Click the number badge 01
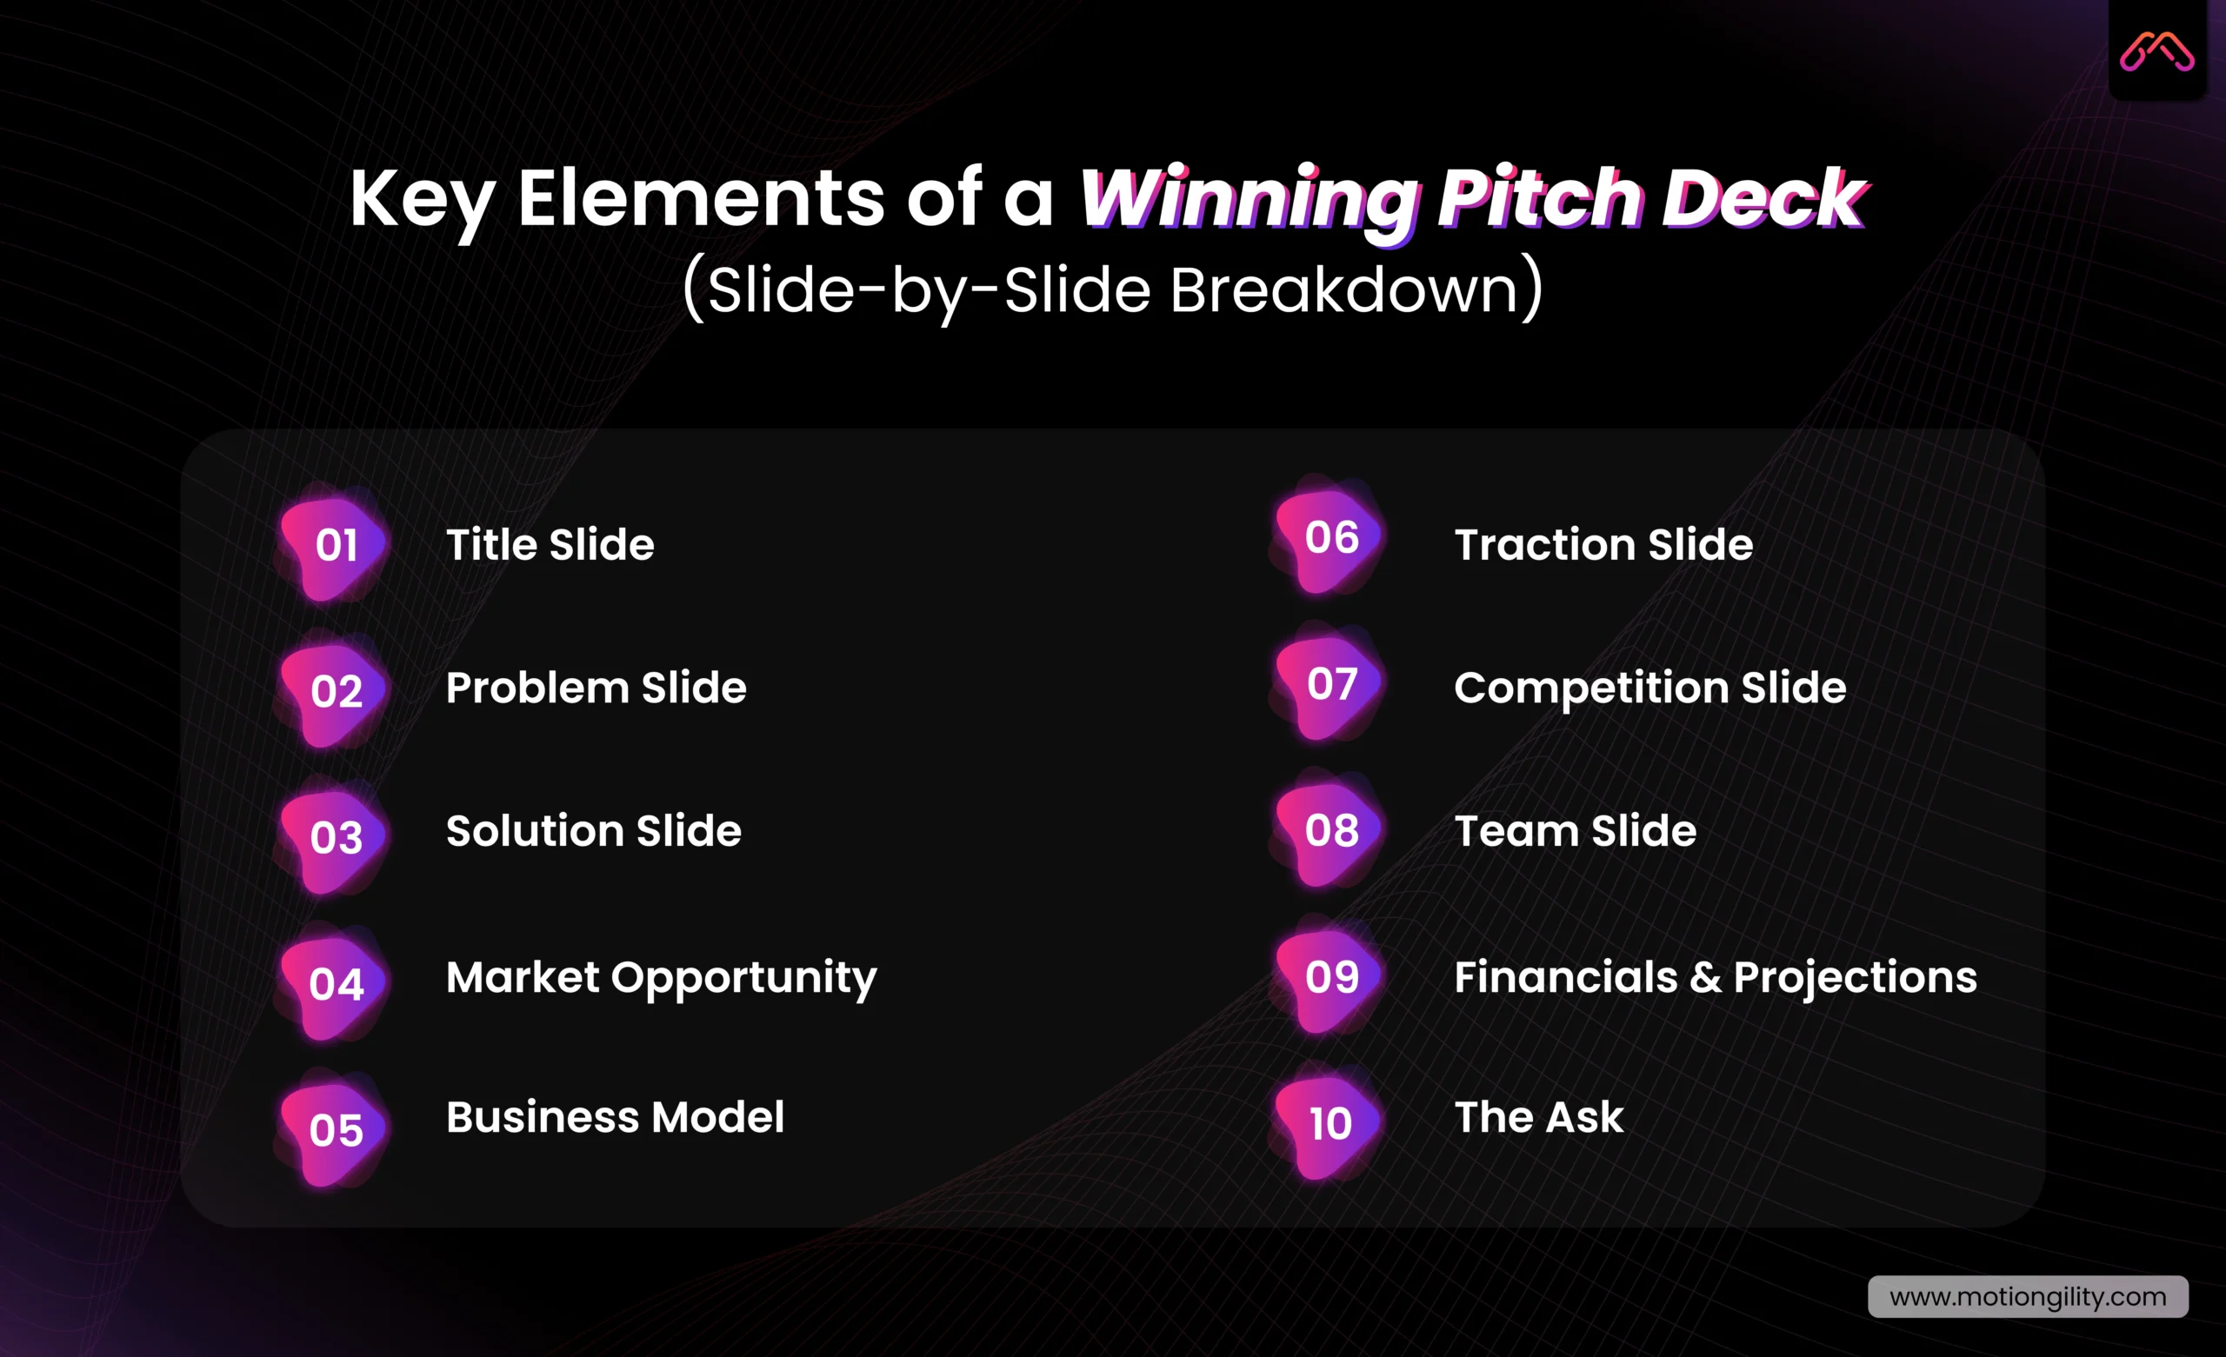(335, 546)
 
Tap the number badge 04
(335, 984)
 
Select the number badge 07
(1330, 684)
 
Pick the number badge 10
(1330, 1124)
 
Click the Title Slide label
(550, 545)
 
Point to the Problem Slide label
(596, 688)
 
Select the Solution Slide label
(593, 831)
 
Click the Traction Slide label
(1603, 545)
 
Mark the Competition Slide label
(1650, 688)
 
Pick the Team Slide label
(1575, 831)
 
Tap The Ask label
(1538, 1118)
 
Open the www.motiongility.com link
(2027, 1297)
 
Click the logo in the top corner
(2156, 51)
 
